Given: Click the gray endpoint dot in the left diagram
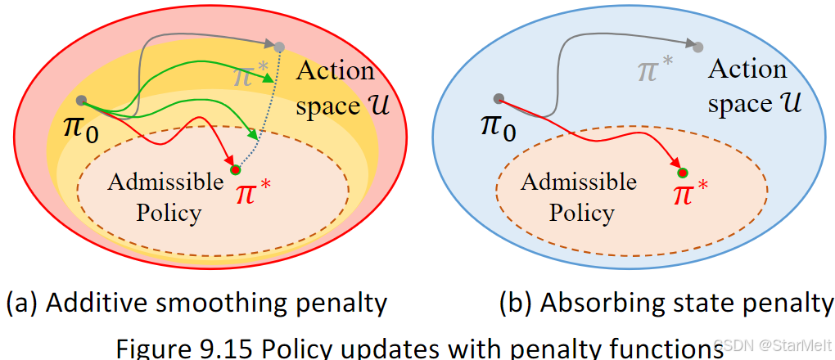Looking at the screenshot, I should point(279,47).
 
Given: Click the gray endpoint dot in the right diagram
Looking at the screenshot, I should point(697,46).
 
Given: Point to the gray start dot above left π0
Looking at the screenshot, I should point(81,101).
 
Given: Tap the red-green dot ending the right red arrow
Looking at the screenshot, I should point(682,172).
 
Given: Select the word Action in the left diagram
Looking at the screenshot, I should point(335,70).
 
